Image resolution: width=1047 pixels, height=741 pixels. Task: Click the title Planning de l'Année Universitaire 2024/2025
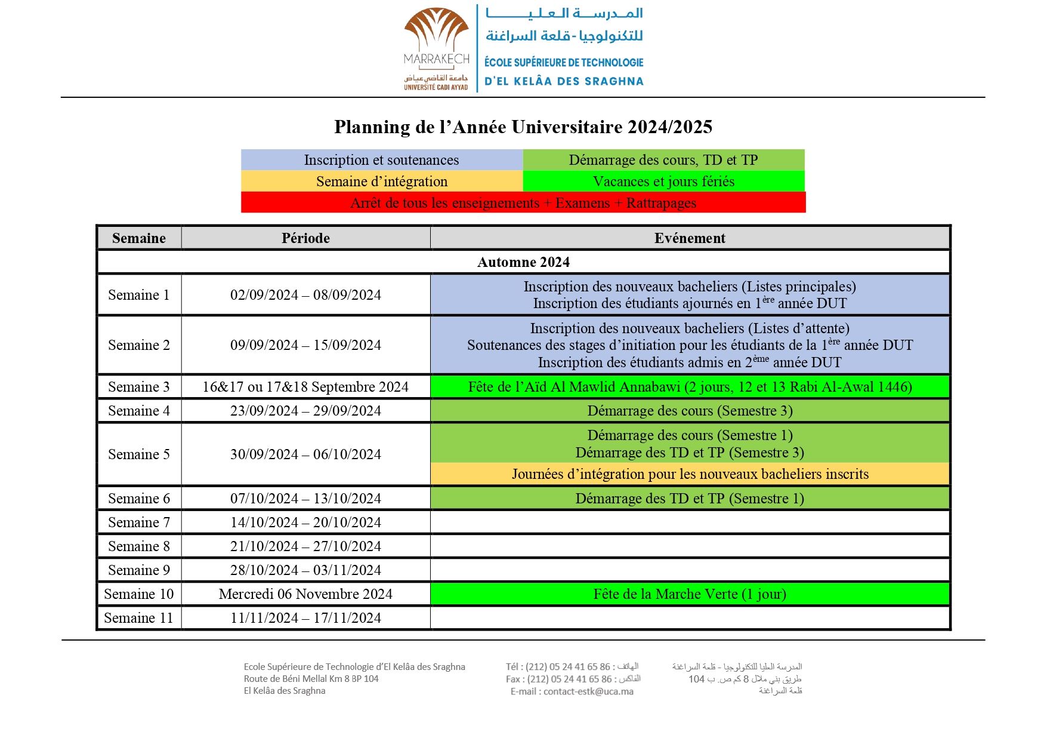523,127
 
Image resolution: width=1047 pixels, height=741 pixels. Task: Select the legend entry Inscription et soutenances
381,160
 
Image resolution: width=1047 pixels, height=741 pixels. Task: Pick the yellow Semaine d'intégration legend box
381,182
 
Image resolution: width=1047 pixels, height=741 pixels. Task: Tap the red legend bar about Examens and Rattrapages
523,203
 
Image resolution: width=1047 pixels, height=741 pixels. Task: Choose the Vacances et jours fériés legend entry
663,182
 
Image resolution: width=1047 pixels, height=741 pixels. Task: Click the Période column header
305,238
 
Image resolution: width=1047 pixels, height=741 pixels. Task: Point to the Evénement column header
690,238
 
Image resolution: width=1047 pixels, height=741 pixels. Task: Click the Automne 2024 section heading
523,262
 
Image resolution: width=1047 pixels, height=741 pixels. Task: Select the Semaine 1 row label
139,295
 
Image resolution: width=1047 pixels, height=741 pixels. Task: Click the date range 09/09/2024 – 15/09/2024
305,345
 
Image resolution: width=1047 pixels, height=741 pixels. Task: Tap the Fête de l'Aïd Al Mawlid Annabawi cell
690,387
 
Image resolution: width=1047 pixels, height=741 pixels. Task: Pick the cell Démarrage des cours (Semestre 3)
690,411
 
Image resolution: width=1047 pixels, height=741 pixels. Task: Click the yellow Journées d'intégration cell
690,474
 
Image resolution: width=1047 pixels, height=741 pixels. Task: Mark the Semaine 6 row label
139,499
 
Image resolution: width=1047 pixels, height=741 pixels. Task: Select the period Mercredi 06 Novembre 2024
305,594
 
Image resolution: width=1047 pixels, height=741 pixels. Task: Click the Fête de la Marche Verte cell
690,594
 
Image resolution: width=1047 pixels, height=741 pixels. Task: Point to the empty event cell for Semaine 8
690,546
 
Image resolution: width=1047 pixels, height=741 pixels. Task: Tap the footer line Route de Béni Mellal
311,679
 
